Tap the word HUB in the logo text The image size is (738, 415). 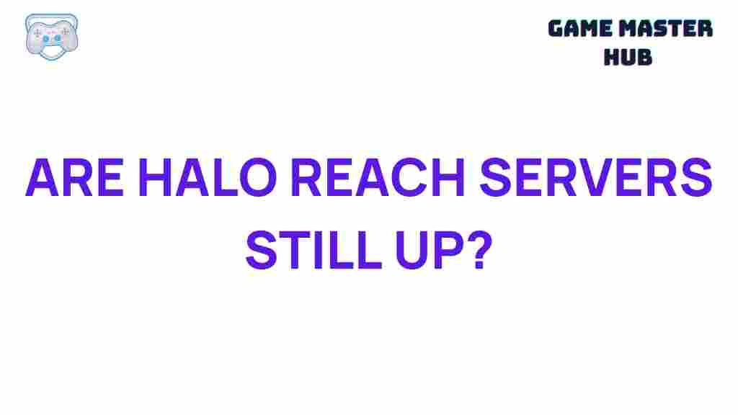628,57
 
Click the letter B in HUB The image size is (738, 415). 644,57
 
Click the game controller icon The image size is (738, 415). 51,35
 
